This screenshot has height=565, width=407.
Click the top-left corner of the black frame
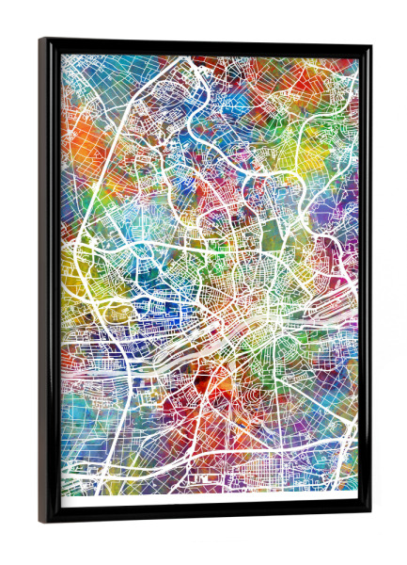coord(40,40)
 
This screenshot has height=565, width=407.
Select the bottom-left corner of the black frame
coord(40,522)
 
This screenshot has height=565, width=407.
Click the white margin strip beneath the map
coord(207,501)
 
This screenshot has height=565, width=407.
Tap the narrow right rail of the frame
coord(366,282)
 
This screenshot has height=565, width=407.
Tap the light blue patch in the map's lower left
coord(85,414)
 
